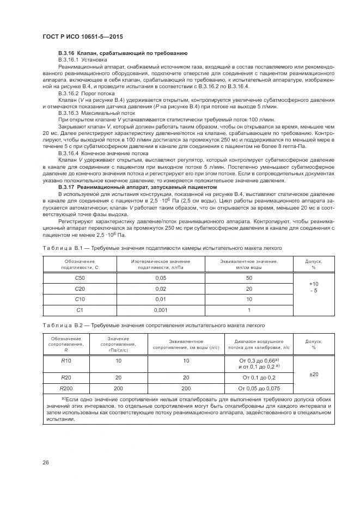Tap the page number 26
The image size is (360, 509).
click(46, 462)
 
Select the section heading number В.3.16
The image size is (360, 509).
click(69, 53)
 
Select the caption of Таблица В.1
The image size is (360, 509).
click(162, 248)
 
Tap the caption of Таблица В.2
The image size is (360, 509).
click(154, 326)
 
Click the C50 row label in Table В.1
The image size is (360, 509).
click(80, 278)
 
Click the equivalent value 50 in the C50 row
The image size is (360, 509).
click(249, 278)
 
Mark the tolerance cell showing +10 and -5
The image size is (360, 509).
click(313, 289)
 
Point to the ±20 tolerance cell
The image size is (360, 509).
click(313, 374)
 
